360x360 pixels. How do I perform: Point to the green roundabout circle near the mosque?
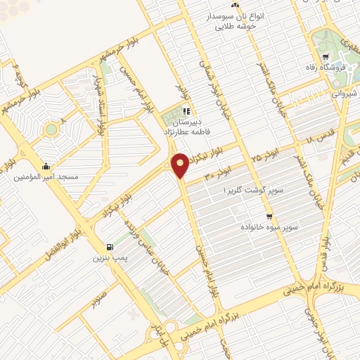coord(51,129)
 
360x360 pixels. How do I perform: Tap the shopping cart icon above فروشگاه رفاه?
coord(324,57)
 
